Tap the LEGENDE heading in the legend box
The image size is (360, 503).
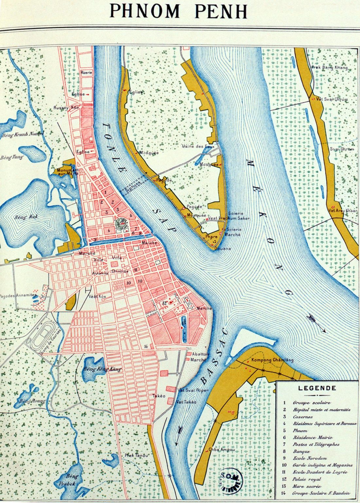[x=317, y=388]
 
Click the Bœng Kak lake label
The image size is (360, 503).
[x=22, y=217]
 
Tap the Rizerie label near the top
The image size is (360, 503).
[x=86, y=73]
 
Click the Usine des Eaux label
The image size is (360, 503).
[x=196, y=146]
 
